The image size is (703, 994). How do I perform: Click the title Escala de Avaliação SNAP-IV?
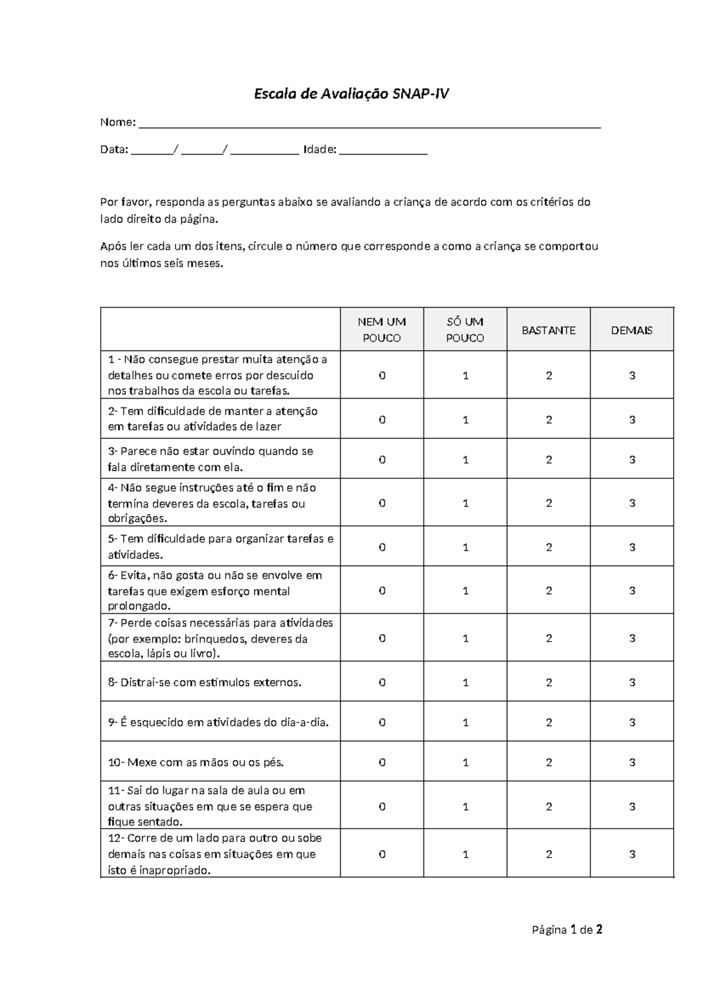(351, 94)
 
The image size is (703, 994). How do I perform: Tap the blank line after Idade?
(383, 151)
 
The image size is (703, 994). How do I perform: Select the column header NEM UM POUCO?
(382, 329)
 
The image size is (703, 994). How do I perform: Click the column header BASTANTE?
(548, 330)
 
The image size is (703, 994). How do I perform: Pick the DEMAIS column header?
(632, 330)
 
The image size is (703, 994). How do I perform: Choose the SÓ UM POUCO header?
(465, 329)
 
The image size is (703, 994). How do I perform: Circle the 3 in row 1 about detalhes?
(632, 375)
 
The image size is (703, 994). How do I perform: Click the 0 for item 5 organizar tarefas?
(382, 547)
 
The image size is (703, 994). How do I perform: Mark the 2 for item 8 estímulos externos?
(549, 682)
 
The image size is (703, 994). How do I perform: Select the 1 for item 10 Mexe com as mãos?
(466, 762)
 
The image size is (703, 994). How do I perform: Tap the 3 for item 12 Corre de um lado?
(632, 854)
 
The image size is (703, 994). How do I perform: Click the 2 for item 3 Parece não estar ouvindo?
(549, 459)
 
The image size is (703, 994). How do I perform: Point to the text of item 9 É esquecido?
(219, 722)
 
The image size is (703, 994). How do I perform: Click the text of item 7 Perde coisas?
(220, 638)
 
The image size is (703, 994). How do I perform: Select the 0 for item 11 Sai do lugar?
(382, 806)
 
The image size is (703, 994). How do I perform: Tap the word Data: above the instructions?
(114, 149)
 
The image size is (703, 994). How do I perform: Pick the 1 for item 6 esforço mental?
(466, 591)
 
